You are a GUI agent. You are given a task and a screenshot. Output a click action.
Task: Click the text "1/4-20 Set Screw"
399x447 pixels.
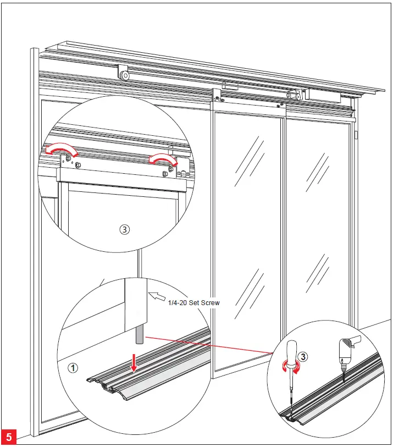194,302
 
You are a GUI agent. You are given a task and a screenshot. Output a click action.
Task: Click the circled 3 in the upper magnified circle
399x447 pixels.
124,230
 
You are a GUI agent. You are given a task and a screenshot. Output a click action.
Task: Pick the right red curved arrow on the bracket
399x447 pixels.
164,159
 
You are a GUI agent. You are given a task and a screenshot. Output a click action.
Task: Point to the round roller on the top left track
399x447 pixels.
125,74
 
